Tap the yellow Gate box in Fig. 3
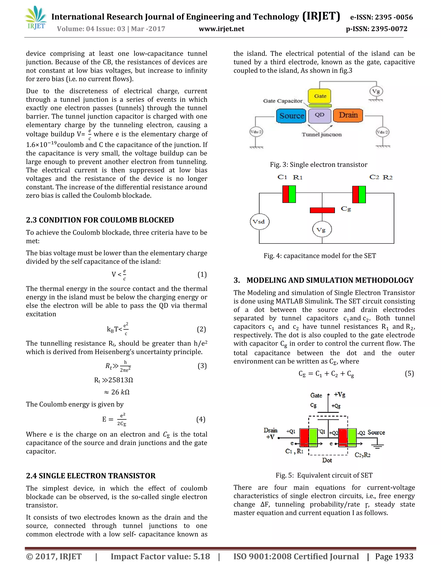pyautogui.click(x=320, y=96)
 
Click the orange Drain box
pyautogui.click(x=348, y=115)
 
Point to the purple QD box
pyautogui.click(x=319, y=115)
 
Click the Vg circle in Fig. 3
pyautogui.click(x=376, y=92)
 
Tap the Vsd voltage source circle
pyautogui.click(x=259, y=222)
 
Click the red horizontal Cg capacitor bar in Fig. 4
pyautogui.click(x=322, y=210)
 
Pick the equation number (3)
pyautogui.click(x=202, y=366)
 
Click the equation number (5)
pyautogui.click(x=409, y=374)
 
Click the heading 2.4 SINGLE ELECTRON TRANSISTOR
pyautogui.click(x=91, y=476)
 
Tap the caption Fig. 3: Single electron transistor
pyautogui.click(x=318, y=165)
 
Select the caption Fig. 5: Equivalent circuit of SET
pyautogui.click(x=324, y=475)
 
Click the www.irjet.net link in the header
pyautogui.click(x=222, y=29)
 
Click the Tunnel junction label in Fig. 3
pyautogui.click(x=322, y=135)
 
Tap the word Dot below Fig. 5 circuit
pyautogui.click(x=327, y=460)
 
